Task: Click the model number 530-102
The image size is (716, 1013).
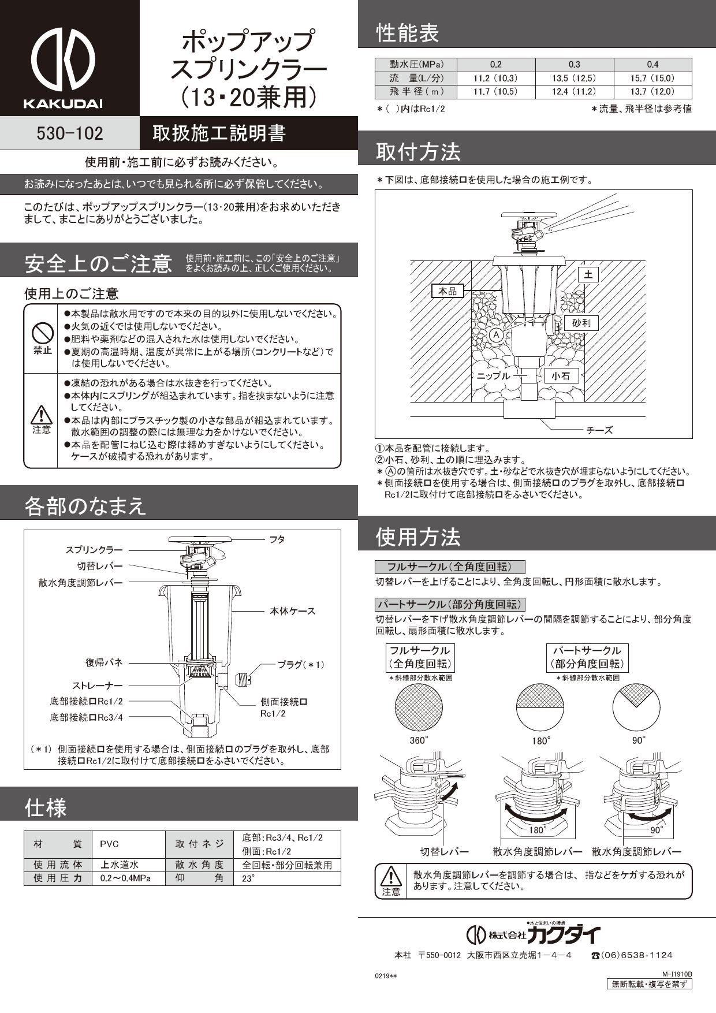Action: click(69, 133)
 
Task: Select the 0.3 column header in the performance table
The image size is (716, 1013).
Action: click(574, 64)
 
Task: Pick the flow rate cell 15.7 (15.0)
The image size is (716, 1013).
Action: click(652, 78)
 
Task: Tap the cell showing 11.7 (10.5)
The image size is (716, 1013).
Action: click(495, 91)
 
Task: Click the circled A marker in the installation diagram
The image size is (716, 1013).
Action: click(495, 335)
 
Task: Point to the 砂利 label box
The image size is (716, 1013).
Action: click(581, 323)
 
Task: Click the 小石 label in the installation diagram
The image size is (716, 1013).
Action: click(561, 376)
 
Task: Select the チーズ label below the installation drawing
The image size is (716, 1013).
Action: click(599, 430)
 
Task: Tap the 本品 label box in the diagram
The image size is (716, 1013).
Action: click(447, 291)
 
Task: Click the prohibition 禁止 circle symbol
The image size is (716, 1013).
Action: click(42, 333)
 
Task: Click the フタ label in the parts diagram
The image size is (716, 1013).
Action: click(277, 539)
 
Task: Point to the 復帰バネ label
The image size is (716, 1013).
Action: click(105, 662)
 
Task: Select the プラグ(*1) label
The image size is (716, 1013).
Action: click(301, 665)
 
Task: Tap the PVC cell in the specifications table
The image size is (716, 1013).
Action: click(109, 844)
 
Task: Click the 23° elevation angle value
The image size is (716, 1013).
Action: click(248, 878)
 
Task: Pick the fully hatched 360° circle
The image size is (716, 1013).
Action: click(419, 708)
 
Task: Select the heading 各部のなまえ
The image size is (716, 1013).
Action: click(85, 506)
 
